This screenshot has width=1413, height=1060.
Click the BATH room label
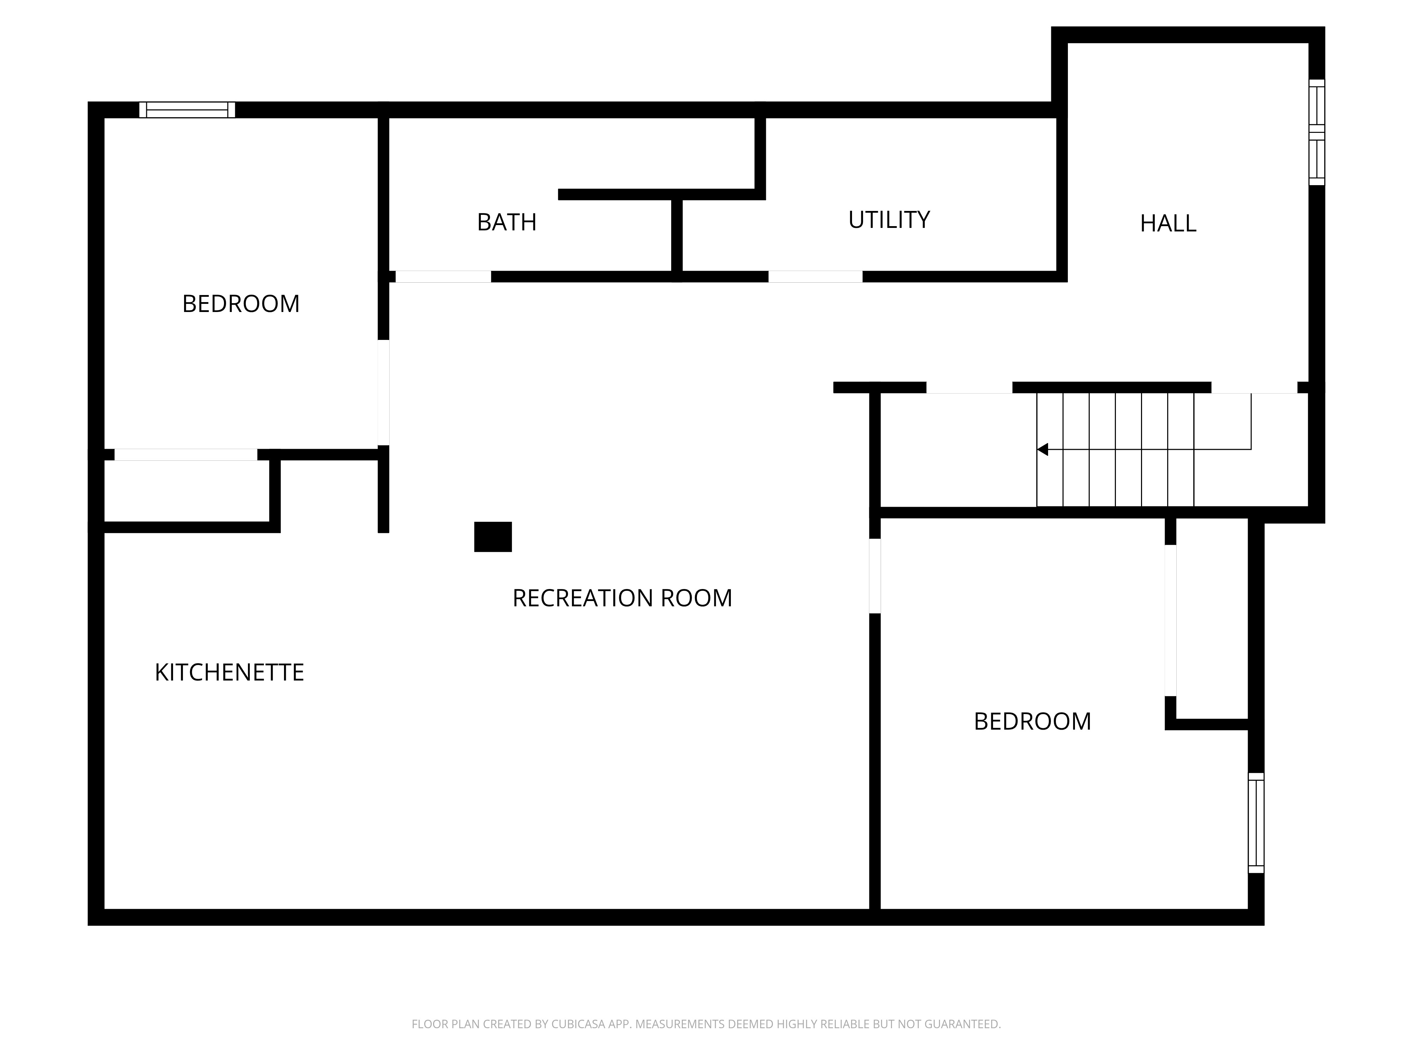point(507,222)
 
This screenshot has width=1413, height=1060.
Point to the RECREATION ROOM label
point(622,598)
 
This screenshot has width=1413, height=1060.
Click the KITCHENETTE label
point(229,672)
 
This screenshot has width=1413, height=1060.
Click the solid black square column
point(492,537)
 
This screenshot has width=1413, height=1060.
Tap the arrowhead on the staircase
point(1042,450)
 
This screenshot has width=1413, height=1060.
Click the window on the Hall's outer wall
point(1317,132)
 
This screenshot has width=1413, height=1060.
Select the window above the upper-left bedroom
point(187,110)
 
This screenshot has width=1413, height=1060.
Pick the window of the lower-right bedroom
point(1256,823)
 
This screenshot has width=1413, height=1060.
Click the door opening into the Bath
point(443,277)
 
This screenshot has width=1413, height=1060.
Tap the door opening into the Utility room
point(815,277)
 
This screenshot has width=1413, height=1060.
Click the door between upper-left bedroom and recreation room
point(383,392)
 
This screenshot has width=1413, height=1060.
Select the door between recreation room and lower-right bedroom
point(875,576)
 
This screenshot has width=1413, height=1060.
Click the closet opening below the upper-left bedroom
point(186,455)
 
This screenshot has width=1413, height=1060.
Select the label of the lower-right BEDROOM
point(1032,722)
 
